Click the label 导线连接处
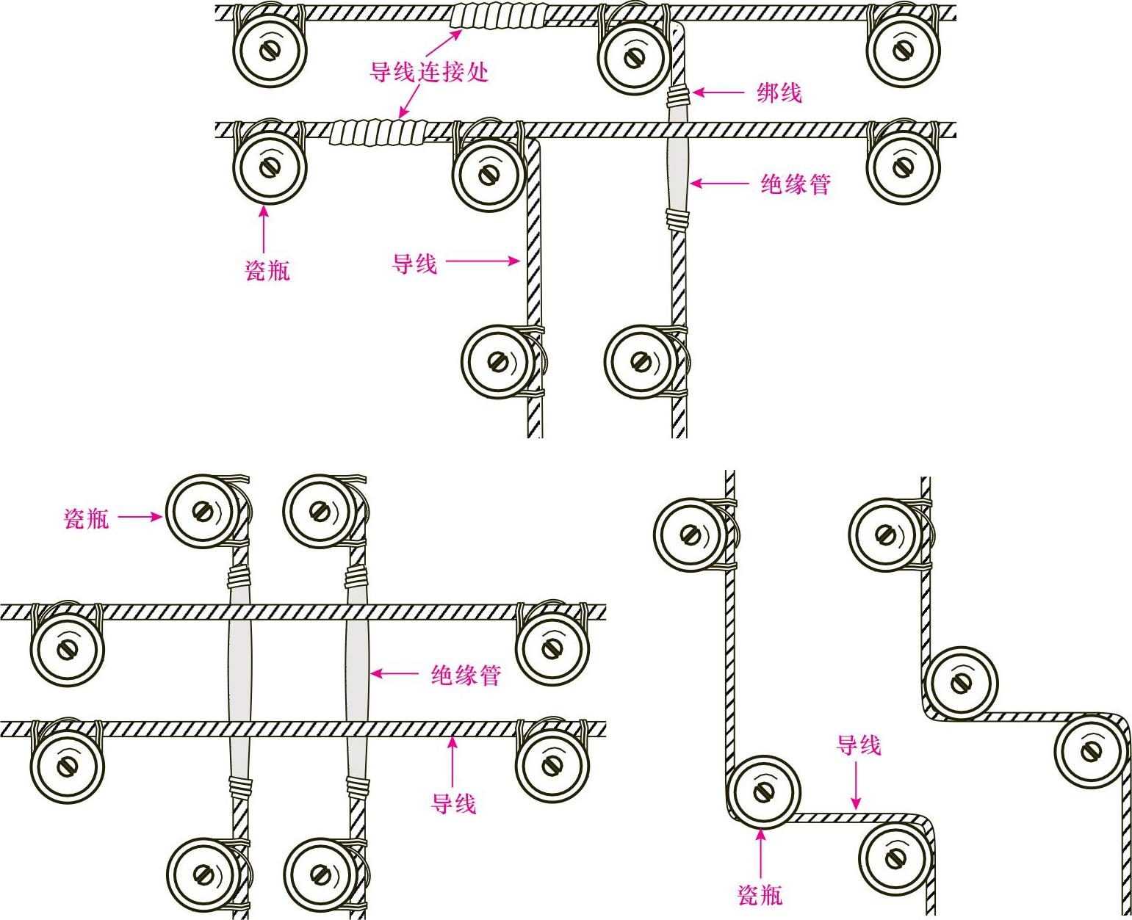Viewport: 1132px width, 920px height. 428,72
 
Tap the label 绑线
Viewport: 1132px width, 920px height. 779,93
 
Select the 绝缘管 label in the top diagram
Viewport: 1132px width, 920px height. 795,184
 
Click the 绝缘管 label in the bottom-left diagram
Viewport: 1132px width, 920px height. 466,674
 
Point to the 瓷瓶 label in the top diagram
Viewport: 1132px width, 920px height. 267,270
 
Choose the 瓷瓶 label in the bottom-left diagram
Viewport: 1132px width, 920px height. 87,518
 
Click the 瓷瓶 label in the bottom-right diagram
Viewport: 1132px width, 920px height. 760,894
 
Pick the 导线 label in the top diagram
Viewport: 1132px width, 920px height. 414,263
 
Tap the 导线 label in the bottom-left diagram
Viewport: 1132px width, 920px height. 453,803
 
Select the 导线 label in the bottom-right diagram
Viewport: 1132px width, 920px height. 858,745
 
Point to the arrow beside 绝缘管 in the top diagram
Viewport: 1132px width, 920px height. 719,184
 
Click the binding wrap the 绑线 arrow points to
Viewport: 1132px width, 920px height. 679,95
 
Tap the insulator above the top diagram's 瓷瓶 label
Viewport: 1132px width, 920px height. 270,166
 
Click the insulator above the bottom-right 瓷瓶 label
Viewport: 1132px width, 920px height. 763,792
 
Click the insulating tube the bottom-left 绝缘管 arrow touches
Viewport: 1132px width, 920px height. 356,671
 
